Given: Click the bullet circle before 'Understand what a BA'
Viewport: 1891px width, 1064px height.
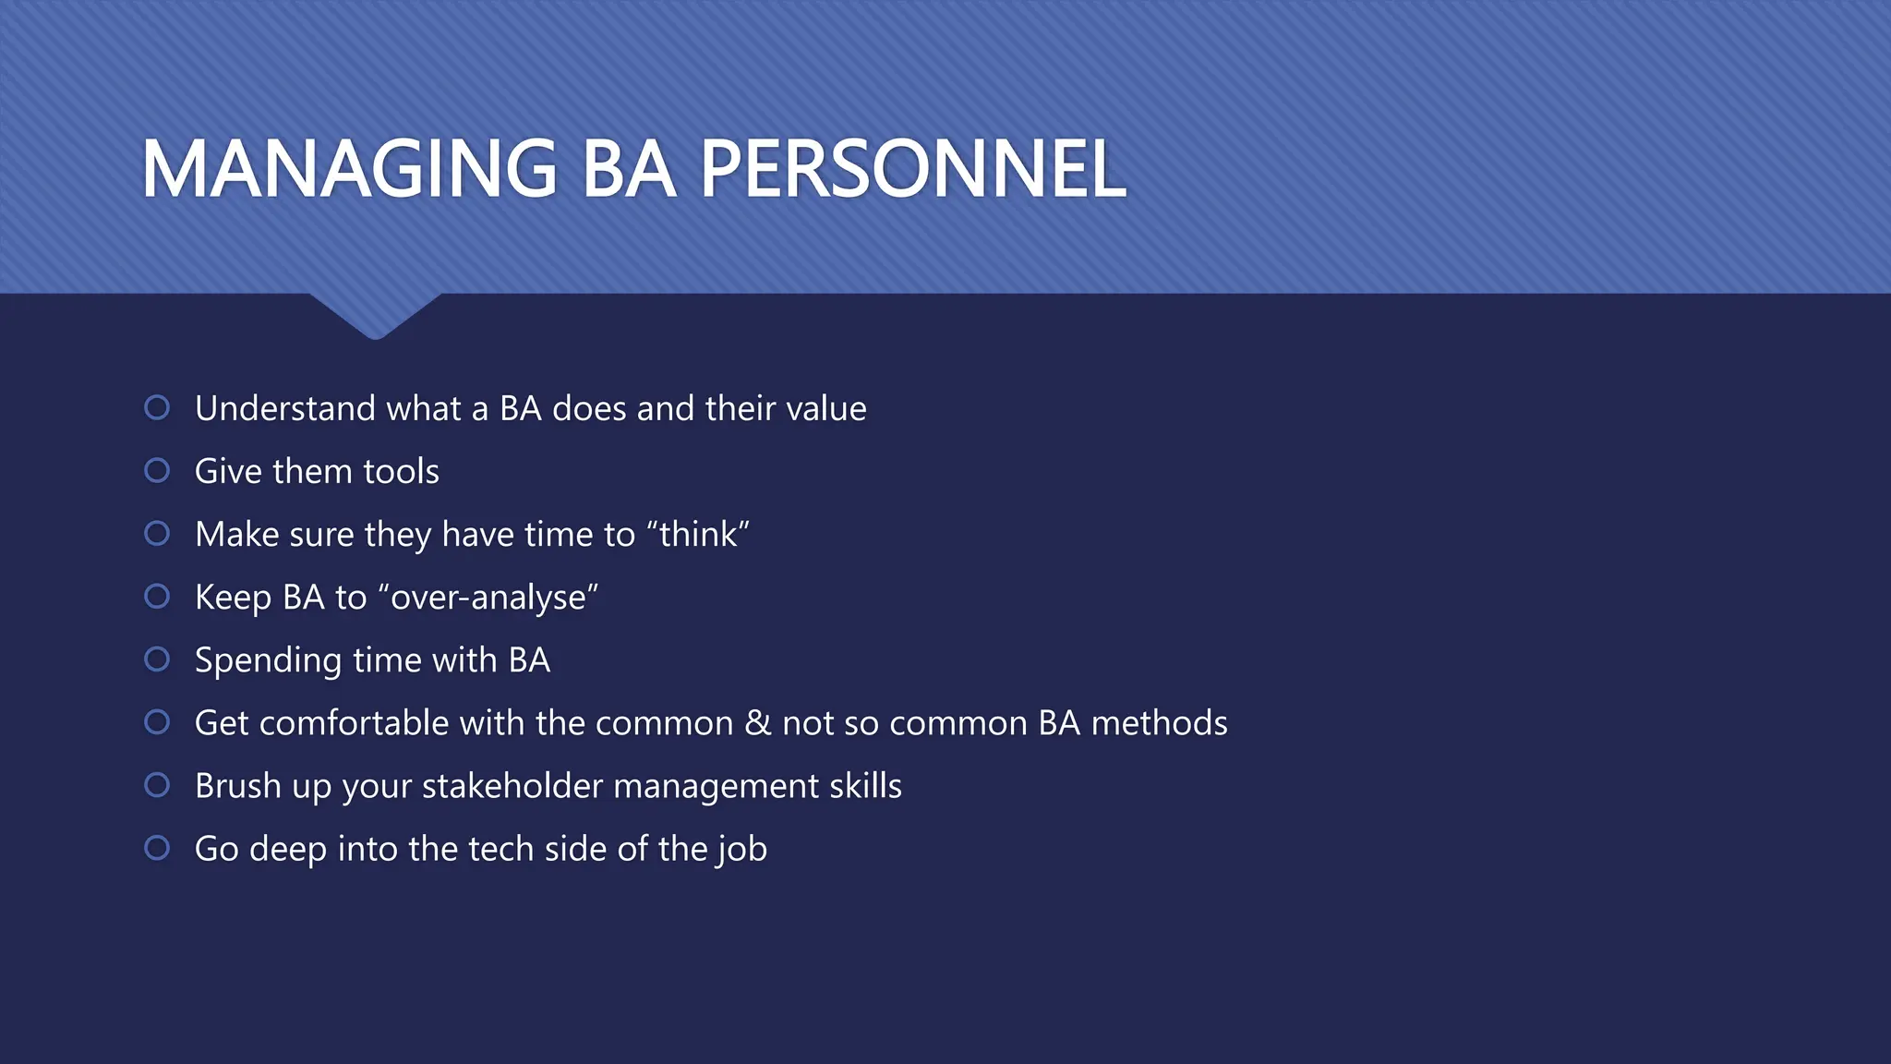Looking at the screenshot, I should click(157, 407).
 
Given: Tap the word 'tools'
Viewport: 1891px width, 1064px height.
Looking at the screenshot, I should click(401, 471).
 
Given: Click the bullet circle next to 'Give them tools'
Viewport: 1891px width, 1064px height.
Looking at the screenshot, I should click(157, 470).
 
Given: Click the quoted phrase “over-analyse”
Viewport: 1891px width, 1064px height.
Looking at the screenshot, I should click(488, 597).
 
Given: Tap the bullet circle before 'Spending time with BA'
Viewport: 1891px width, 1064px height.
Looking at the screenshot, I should click(157, 659).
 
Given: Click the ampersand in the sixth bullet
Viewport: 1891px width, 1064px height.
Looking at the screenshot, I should click(757, 722).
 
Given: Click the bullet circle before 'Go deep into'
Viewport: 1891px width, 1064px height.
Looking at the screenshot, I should click(157, 847).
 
